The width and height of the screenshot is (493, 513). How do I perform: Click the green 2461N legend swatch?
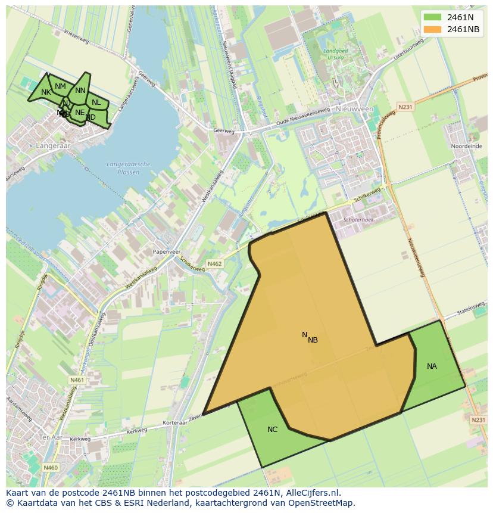point(433,18)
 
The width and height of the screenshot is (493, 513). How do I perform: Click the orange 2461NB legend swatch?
point(433,29)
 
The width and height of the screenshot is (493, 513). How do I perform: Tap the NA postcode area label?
point(432,366)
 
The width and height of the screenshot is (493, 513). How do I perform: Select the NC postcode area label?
point(272,429)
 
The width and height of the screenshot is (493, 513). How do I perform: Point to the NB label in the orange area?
point(313,340)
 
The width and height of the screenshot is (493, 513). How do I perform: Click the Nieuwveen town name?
point(354,109)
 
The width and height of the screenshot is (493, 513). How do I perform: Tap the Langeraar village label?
point(52,145)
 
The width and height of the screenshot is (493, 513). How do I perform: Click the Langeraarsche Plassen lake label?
point(129,168)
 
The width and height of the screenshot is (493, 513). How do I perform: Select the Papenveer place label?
point(167,252)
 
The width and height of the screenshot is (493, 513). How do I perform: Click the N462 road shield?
point(214,263)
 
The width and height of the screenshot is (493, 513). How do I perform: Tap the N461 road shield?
point(77,380)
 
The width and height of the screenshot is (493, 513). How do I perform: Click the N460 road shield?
point(51,468)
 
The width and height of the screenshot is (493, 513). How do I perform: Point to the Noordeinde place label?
point(465,146)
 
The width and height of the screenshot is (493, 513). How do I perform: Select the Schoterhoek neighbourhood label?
point(359,220)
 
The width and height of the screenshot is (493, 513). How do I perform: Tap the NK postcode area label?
point(46,92)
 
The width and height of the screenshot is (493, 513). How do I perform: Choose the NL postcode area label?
point(96,102)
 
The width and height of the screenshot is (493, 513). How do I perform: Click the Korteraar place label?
point(175,422)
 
